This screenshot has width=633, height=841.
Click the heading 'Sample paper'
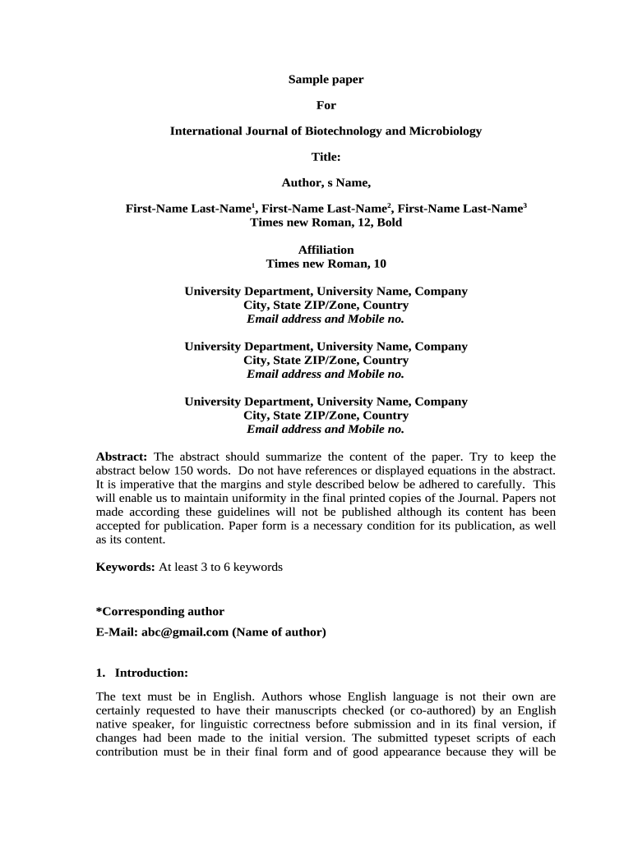326,80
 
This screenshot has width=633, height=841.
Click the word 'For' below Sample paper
326,105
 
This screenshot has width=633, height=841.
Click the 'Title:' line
326,156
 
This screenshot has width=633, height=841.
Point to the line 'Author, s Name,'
326,182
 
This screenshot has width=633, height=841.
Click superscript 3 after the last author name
524,205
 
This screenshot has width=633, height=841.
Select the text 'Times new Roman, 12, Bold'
326,222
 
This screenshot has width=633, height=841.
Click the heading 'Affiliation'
326,250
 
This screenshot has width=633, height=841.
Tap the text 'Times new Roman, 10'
326,264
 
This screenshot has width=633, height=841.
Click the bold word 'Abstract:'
122,457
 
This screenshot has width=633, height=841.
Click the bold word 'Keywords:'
125,567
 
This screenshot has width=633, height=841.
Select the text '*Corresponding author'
160,612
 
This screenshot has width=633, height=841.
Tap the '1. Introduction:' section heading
143,673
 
